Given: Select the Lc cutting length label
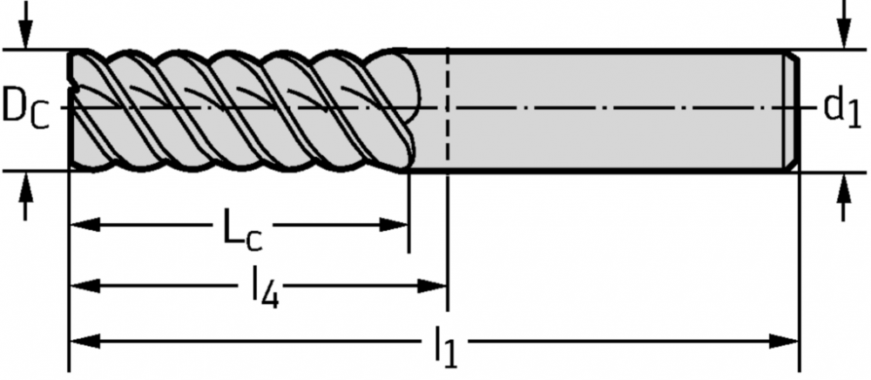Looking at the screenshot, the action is (241, 227).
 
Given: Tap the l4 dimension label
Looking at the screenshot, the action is (265, 288).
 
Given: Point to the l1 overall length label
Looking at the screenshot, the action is (445, 347).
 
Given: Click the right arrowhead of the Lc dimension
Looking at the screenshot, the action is (394, 225).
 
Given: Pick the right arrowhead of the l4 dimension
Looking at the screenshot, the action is (432, 286).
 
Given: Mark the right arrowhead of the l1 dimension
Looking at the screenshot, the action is (783, 342).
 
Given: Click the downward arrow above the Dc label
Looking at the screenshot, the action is (25, 25).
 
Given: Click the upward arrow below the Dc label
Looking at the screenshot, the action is (25, 196).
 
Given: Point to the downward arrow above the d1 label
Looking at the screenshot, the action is (844, 25).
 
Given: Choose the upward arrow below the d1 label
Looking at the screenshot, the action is (844, 196).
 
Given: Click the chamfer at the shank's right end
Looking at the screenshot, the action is (792, 111).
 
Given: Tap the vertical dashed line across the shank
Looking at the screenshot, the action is (448, 111).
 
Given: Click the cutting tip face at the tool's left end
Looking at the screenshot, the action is (71, 110).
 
